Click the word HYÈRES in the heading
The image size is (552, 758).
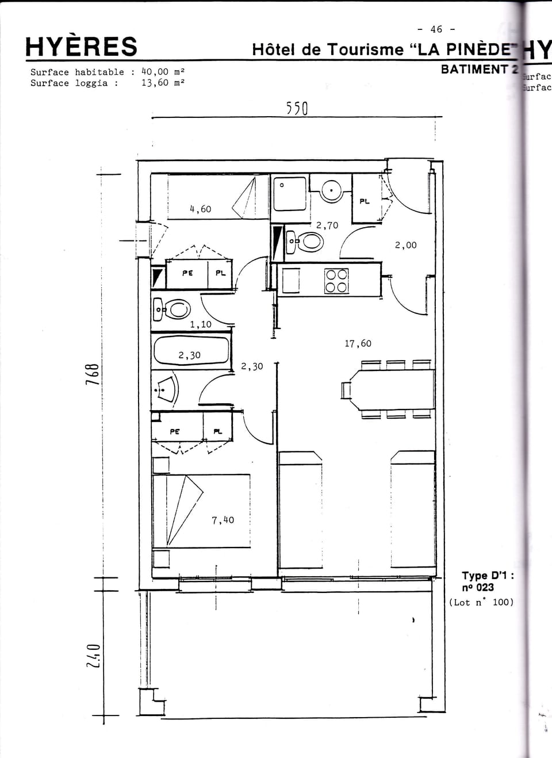click(x=81, y=47)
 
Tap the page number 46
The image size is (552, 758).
click(x=436, y=29)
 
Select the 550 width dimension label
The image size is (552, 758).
click(x=297, y=108)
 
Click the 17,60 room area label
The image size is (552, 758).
click(x=358, y=343)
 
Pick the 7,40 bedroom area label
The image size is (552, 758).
click(x=223, y=520)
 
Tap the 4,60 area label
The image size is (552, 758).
click(x=200, y=209)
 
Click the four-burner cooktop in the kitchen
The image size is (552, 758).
click(x=336, y=281)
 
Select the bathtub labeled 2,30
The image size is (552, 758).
click(x=191, y=352)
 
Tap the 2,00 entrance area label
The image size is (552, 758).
click(x=405, y=245)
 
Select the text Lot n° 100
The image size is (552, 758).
click(x=481, y=602)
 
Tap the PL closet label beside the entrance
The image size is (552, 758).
click(x=364, y=201)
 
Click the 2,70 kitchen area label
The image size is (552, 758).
click(x=327, y=225)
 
